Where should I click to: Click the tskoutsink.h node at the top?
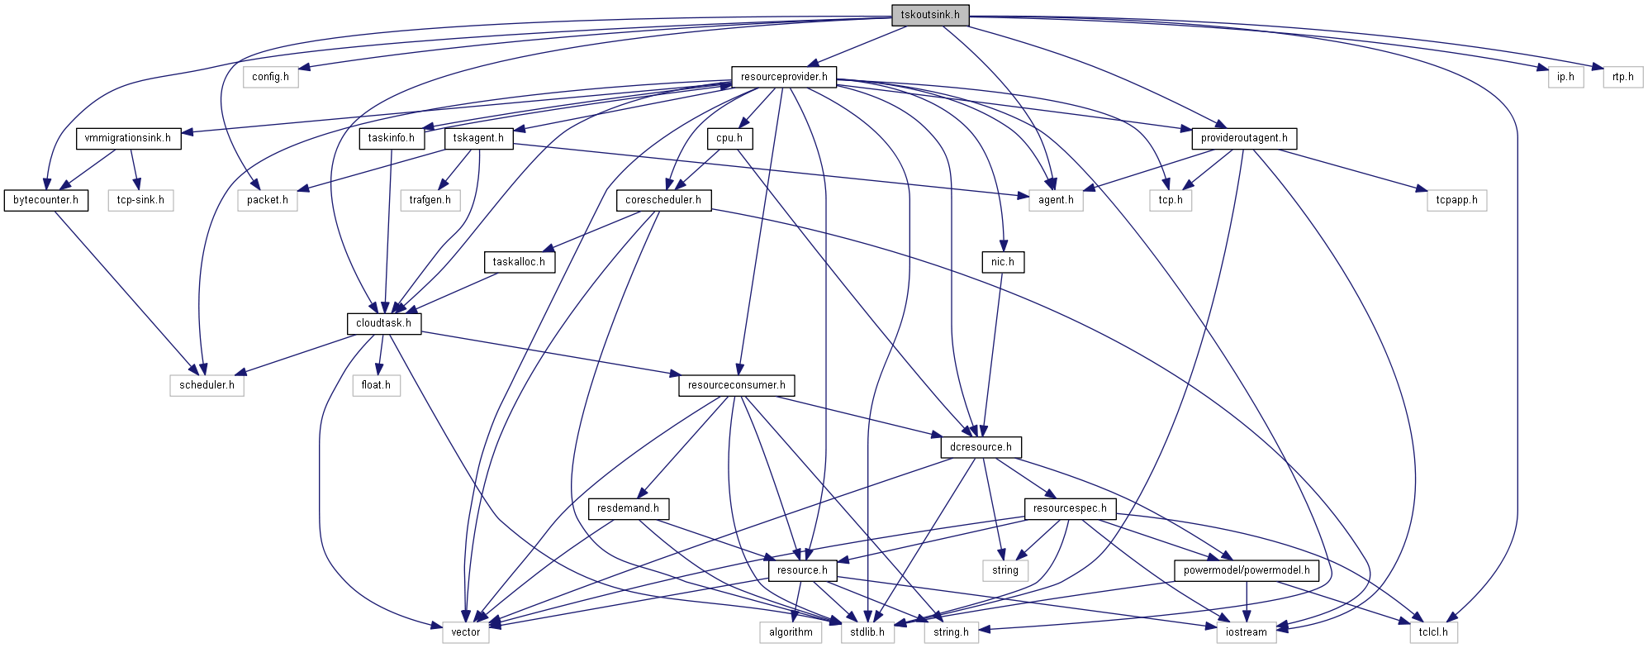[929, 15]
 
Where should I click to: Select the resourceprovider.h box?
[783, 77]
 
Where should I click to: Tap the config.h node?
[270, 77]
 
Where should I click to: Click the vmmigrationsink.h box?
[127, 138]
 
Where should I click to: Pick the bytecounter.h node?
[45, 200]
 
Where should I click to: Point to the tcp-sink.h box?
[140, 200]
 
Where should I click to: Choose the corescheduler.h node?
[663, 200]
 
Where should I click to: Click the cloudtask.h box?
[383, 323]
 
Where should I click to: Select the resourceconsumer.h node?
[736, 385]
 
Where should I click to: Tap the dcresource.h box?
[981, 447]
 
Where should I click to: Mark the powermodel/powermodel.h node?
[1246, 570]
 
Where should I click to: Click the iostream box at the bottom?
[1246, 632]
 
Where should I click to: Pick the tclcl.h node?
[1432, 632]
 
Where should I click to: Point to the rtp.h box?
[1622, 77]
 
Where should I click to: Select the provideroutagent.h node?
[1243, 138]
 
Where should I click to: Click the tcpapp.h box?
[1456, 200]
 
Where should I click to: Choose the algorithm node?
[791, 632]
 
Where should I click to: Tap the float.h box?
[376, 385]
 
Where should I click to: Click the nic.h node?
[1002, 262]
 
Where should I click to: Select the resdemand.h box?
[628, 508]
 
